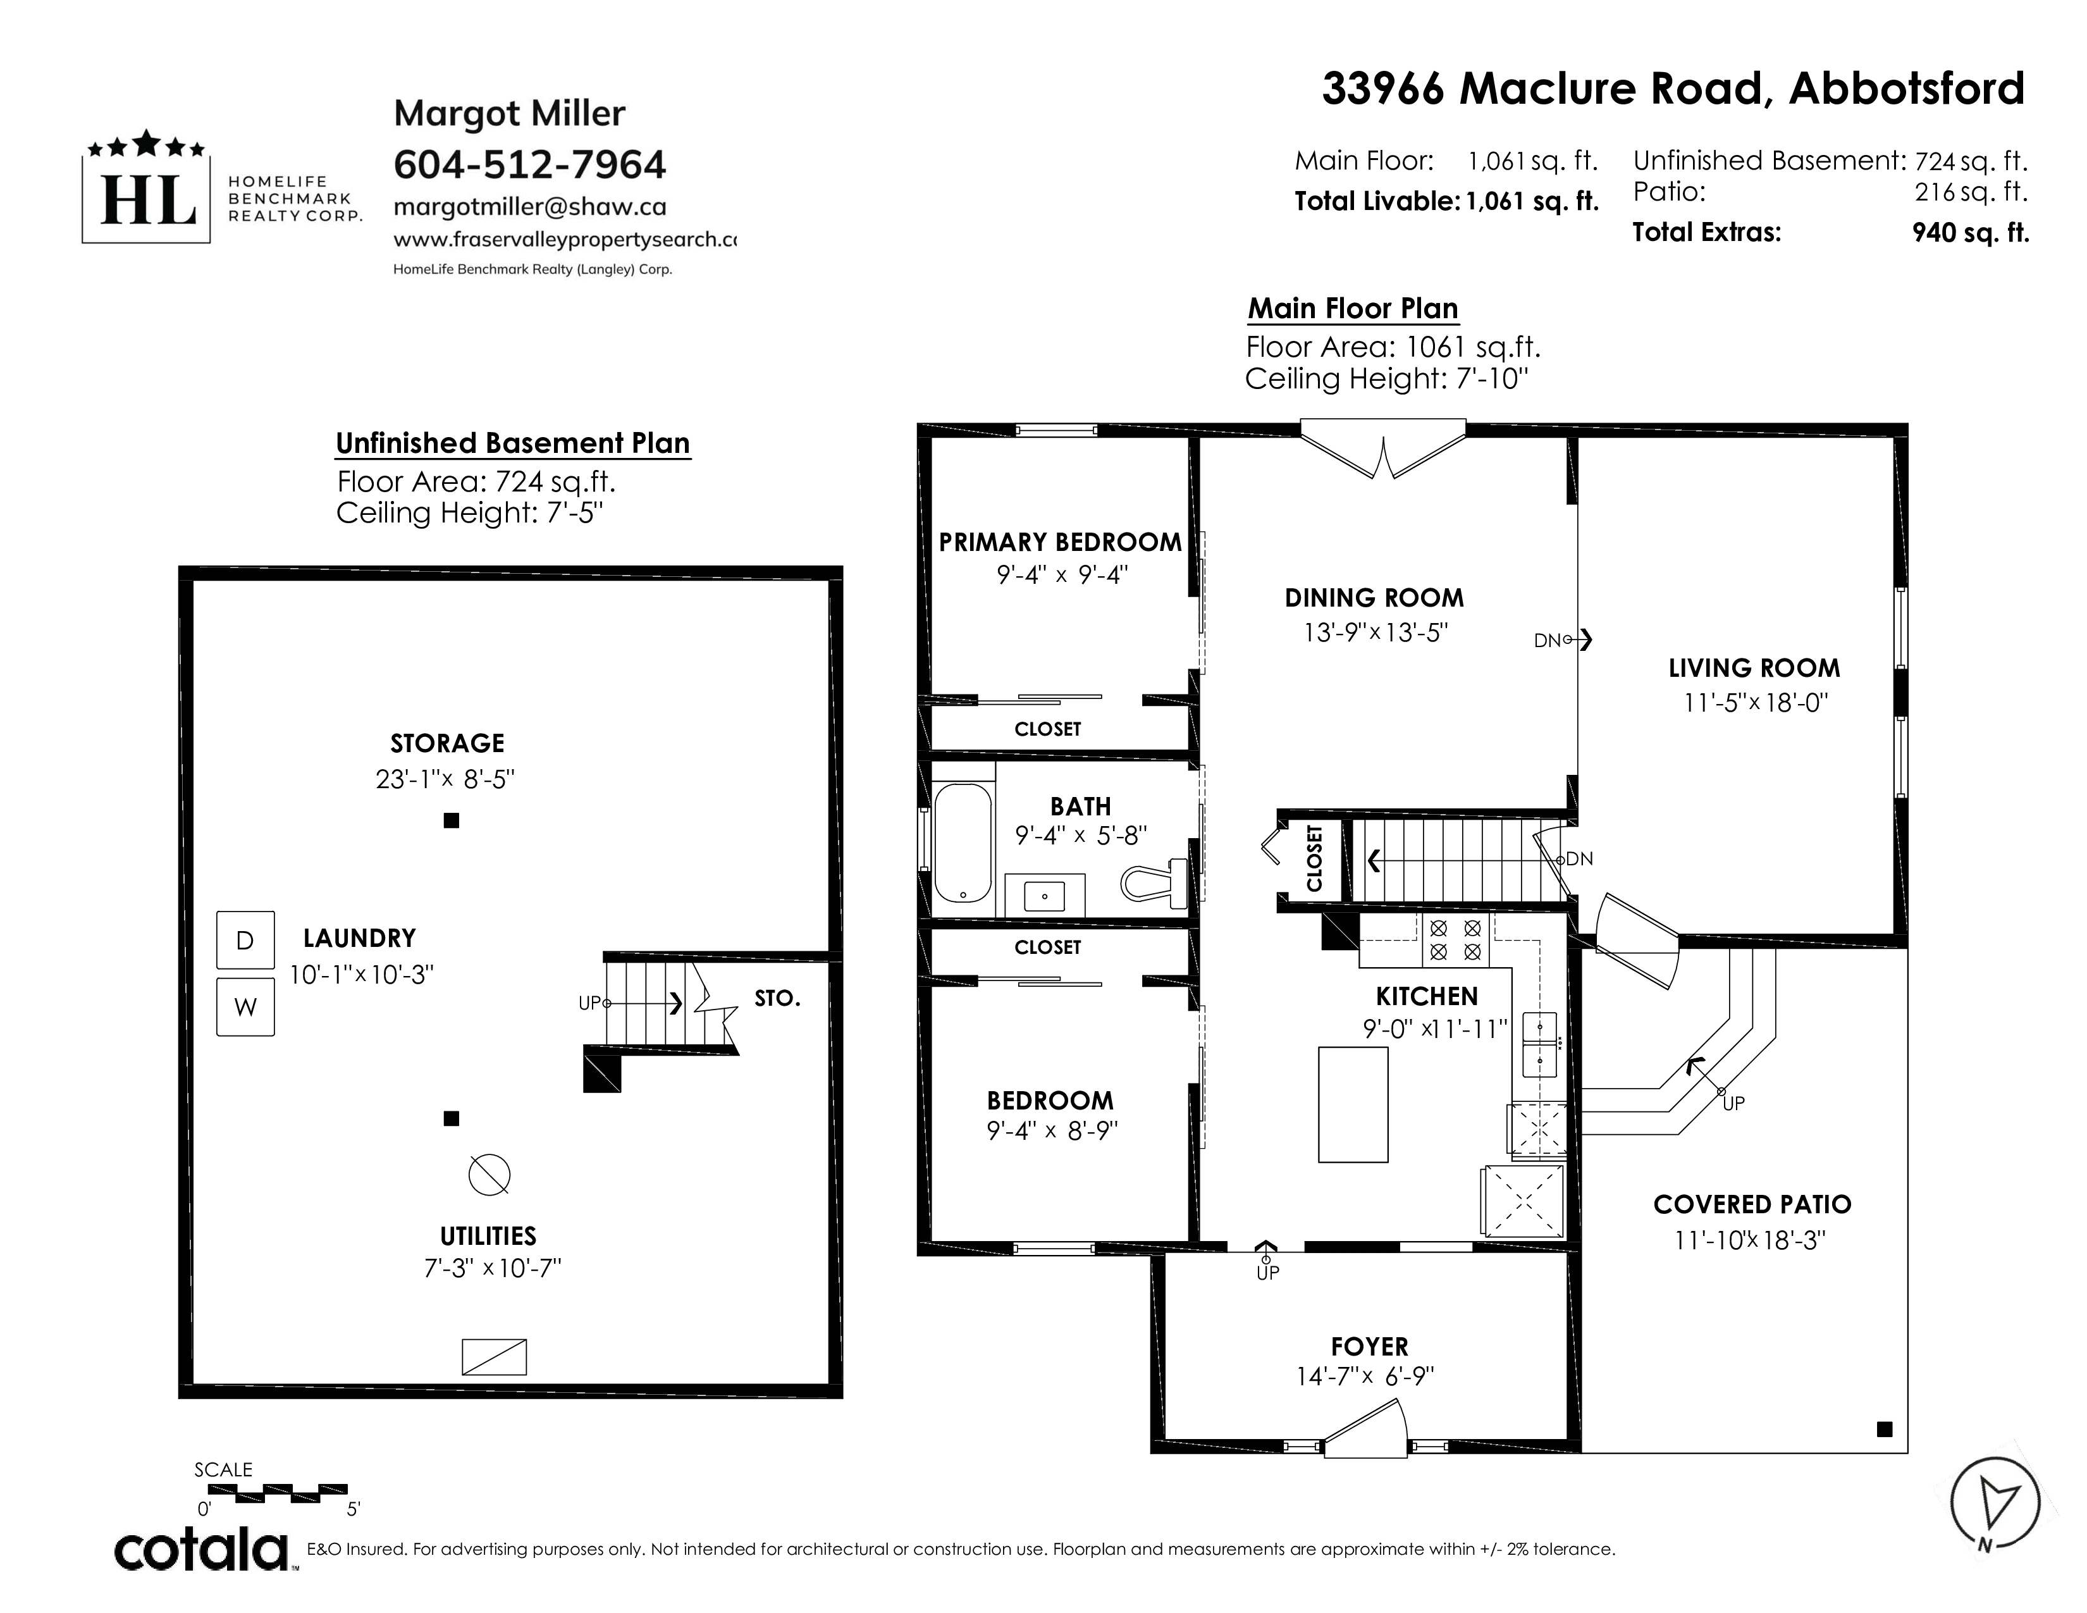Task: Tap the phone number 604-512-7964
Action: click(529, 164)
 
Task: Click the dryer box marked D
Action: click(245, 940)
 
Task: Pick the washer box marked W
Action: click(245, 1006)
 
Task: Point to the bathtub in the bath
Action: click(963, 843)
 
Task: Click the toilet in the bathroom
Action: click(1154, 881)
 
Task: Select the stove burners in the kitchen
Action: click(1455, 939)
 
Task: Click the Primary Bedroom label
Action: click(1060, 542)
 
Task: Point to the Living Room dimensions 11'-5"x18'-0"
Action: click(1756, 702)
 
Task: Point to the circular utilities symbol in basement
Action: click(489, 1175)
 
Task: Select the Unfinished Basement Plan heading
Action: click(512, 443)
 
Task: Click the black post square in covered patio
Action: click(1885, 1430)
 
